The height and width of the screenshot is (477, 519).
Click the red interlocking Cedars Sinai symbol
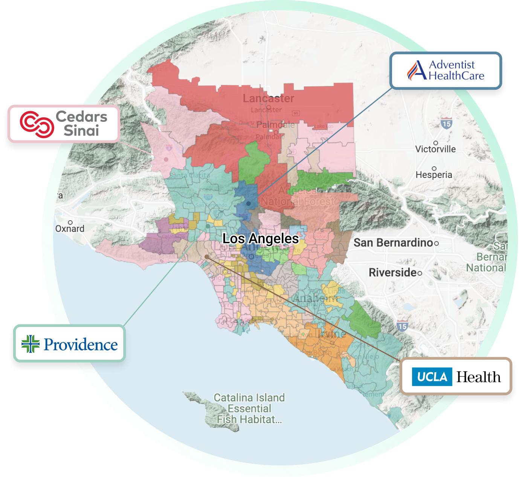point(37,124)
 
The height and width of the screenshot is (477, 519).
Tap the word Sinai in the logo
point(81,131)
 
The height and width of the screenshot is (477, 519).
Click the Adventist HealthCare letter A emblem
point(417,71)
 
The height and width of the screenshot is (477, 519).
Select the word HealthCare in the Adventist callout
point(456,76)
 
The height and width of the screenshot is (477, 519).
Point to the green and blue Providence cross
point(31,344)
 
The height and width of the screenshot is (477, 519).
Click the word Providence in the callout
point(81,345)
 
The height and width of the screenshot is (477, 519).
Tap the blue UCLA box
point(432,377)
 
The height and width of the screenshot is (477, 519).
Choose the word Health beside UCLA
point(478,377)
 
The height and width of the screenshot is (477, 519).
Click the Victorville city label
point(435,149)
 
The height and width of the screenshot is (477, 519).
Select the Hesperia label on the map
point(434,175)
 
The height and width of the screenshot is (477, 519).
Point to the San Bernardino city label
point(393,243)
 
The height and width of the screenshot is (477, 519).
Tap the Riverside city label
point(393,273)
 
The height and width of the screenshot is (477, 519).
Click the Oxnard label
point(70,229)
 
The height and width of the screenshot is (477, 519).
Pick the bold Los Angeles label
point(260,239)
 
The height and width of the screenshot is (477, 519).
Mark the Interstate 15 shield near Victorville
point(446,123)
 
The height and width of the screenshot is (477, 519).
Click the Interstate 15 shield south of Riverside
point(402,326)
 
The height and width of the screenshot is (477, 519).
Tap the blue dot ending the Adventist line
point(249,204)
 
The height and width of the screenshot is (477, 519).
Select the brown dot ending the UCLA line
point(207,257)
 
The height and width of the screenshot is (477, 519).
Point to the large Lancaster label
point(268,99)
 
